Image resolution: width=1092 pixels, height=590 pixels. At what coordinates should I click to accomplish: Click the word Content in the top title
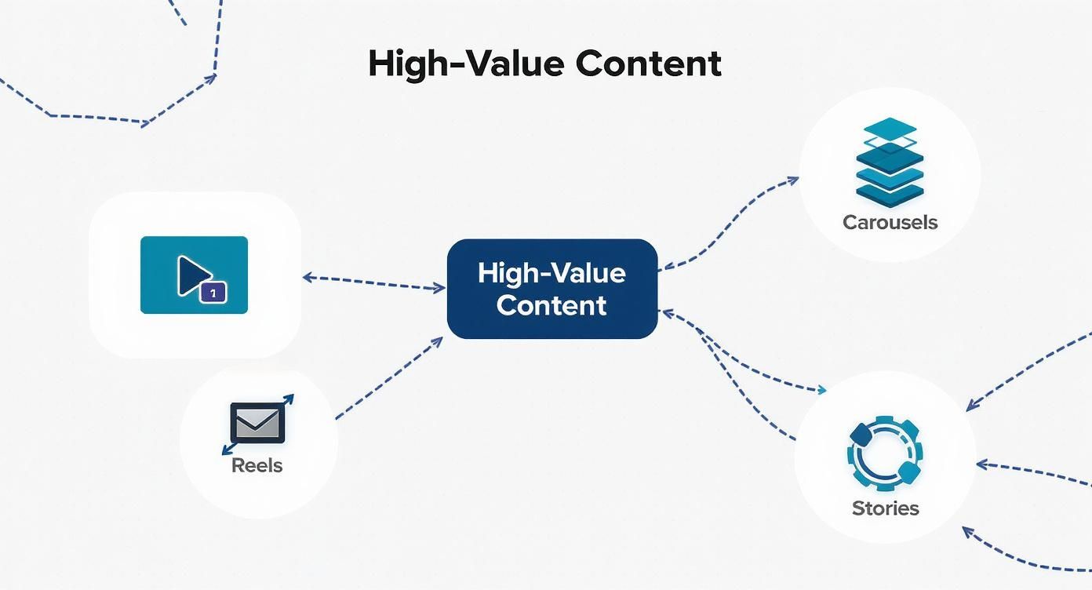(648, 64)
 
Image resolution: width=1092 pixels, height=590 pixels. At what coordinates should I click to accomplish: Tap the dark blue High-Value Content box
(552, 289)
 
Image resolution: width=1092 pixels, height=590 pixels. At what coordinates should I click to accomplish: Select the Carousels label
(890, 222)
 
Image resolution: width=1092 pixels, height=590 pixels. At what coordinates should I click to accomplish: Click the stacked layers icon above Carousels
(890, 162)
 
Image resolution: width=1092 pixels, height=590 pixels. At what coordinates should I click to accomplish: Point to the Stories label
(886, 508)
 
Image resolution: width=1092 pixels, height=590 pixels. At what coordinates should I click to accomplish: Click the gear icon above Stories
(885, 453)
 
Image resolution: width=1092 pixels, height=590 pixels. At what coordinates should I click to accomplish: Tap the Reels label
(257, 465)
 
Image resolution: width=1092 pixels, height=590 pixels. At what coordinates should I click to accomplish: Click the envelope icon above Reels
(257, 423)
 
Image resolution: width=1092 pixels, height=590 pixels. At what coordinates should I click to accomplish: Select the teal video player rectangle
(194, 275)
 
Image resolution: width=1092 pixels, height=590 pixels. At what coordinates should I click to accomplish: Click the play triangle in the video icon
(194, 275)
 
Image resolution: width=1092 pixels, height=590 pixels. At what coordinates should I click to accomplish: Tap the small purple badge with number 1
(213, 293)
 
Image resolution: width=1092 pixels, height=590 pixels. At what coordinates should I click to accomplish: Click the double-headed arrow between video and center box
(374, 282)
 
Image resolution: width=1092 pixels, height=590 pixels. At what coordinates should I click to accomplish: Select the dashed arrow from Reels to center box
(389, 377)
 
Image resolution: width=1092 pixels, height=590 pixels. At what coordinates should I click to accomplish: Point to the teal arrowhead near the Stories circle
(822, 390)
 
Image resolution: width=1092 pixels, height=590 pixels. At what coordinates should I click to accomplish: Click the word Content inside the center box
(551, 306)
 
